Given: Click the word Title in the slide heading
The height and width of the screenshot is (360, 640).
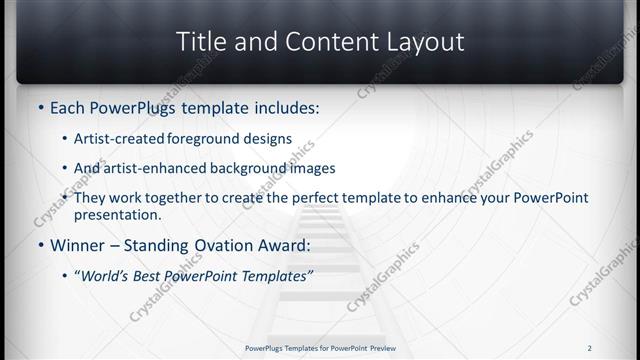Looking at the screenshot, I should [x=203, y=42].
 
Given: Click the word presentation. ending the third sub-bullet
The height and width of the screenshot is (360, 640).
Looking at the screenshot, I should [x=118, y=214].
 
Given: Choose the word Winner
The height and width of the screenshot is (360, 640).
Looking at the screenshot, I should [x=76, y=244].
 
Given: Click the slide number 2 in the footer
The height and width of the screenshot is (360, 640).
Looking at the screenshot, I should [x=589, y=348].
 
